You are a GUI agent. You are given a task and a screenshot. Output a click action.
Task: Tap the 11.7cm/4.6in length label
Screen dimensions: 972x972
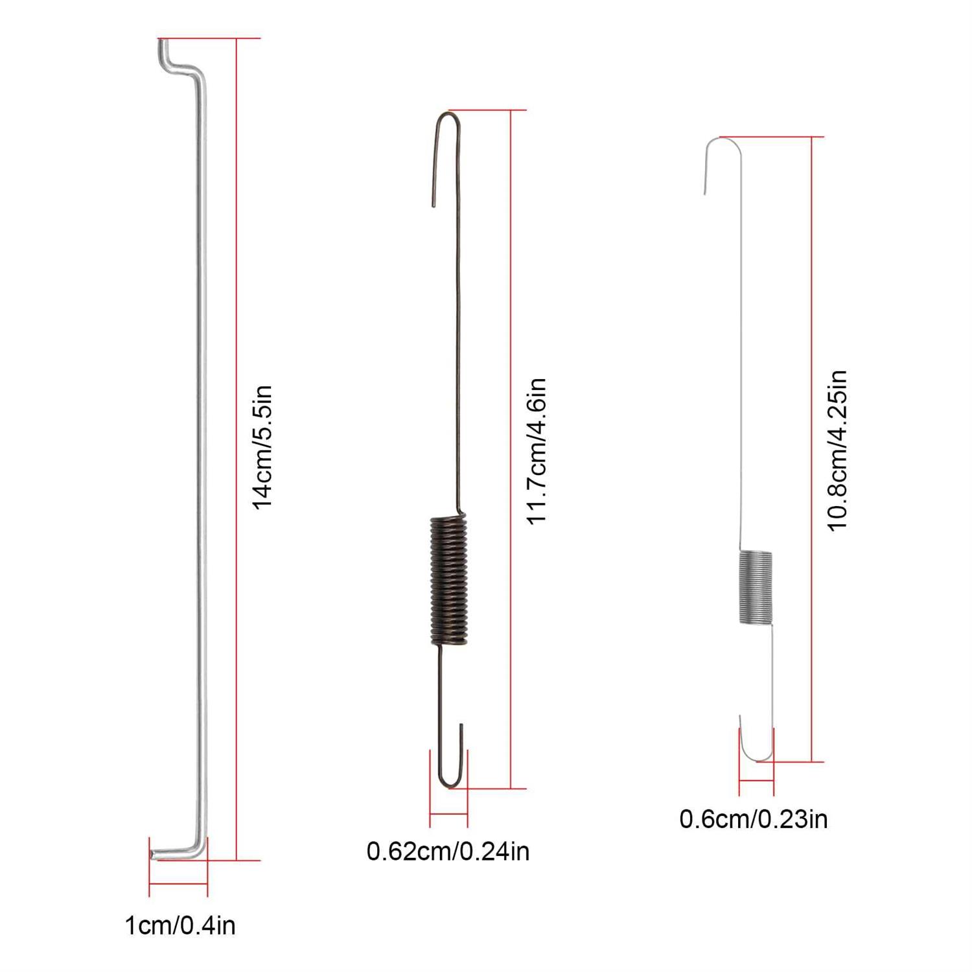pos(537,451)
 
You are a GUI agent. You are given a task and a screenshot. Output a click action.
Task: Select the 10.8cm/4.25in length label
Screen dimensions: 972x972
pos(837,450)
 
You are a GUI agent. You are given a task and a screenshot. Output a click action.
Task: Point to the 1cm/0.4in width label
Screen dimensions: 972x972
pos(180,925)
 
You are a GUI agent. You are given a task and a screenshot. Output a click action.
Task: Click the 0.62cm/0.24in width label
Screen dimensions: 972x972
pos(448,851)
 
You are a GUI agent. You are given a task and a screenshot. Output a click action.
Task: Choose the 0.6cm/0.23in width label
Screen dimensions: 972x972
pos(754,819)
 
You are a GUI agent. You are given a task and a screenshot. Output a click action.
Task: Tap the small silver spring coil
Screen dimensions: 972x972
pos(756,587)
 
